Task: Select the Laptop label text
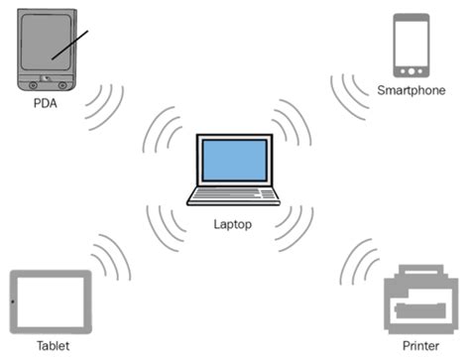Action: pyautogui.click(x=232, y=224)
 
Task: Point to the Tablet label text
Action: pyautogui.click(x=53, y=346)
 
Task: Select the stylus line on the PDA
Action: pyautogui.click(x=70, y=43)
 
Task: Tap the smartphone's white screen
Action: pyautogui.click(x=410, y=42)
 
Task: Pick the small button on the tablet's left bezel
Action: pyautogui.click(x=12, y=301)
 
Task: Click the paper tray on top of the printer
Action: pyautogui.click(x=419, y=271)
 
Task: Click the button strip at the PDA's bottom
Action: pyautogui.click(x=46, y=78)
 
